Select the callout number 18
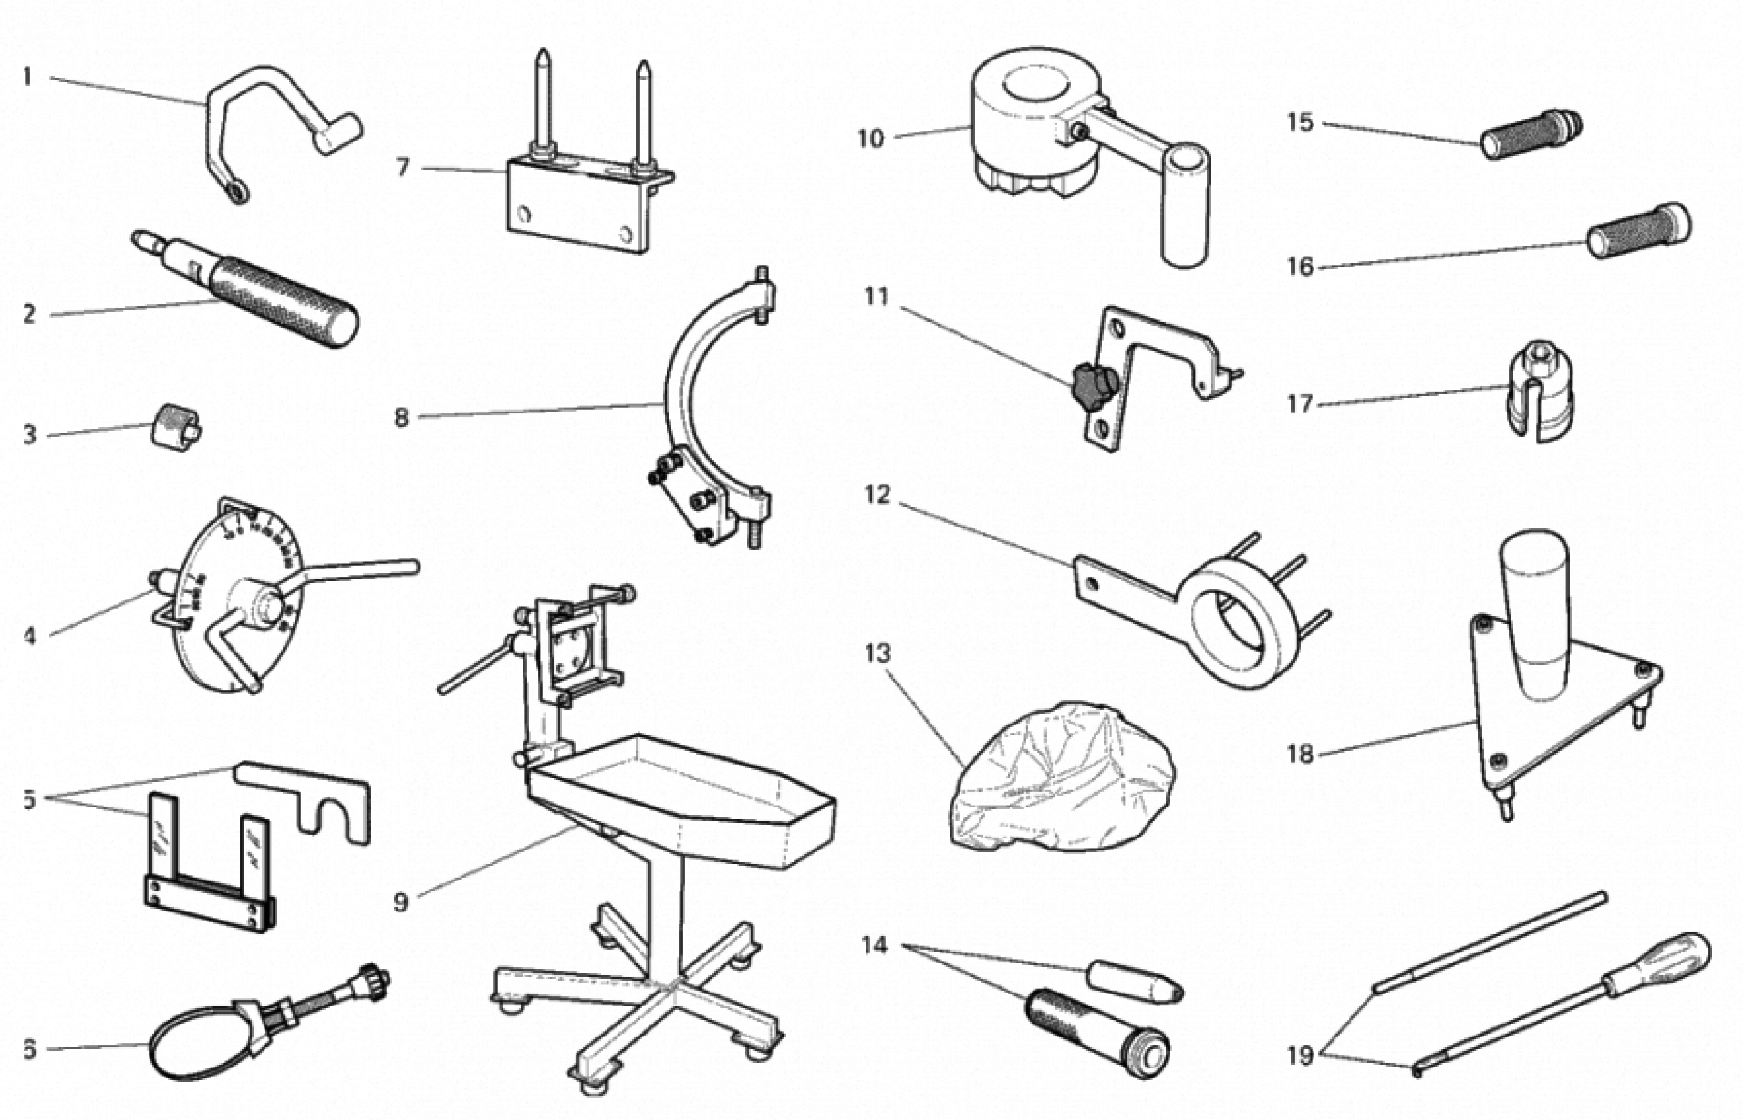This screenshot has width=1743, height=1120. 1300,753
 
